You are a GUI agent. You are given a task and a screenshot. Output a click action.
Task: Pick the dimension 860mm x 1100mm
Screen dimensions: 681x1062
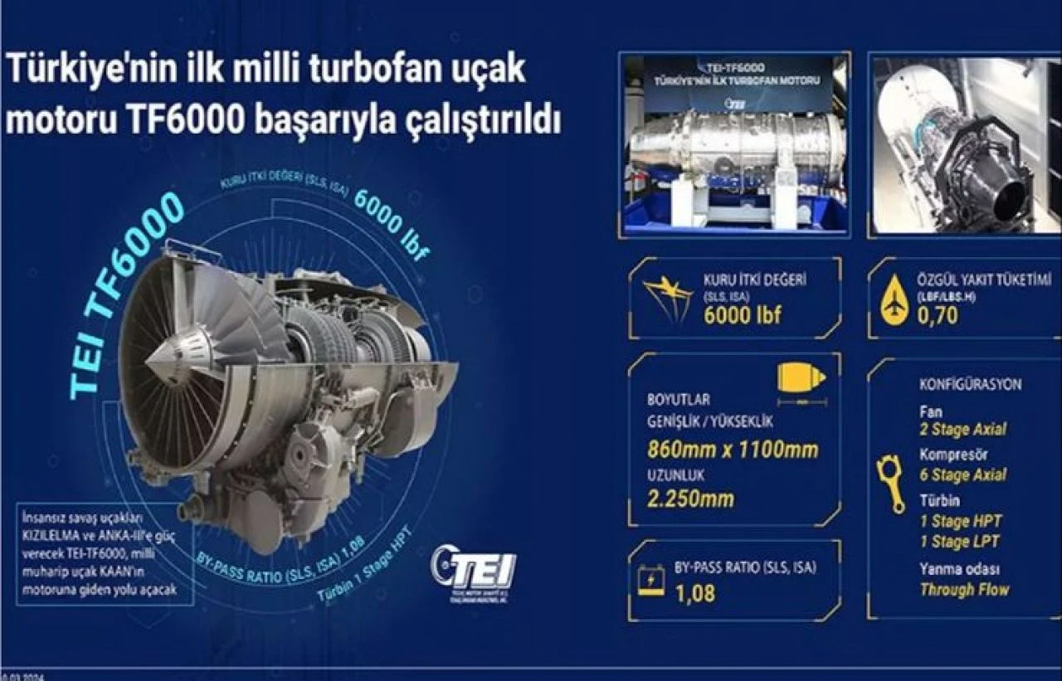[733, 450]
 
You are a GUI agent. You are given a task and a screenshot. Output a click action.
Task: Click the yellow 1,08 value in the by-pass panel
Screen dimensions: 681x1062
[694, 593]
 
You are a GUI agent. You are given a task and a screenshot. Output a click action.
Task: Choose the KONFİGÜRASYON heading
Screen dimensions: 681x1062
[970, 385]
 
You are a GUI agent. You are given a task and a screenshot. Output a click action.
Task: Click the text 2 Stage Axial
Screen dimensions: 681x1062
[962, 429]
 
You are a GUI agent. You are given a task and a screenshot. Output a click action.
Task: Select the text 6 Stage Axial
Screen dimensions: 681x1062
[962, 475]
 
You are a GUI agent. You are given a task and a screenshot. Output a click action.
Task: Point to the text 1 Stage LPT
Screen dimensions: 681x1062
[959, 542]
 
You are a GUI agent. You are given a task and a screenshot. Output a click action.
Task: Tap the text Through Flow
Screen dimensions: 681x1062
[964, 590]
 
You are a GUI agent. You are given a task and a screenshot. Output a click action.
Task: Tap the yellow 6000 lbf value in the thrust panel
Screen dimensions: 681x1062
[742, 315]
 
